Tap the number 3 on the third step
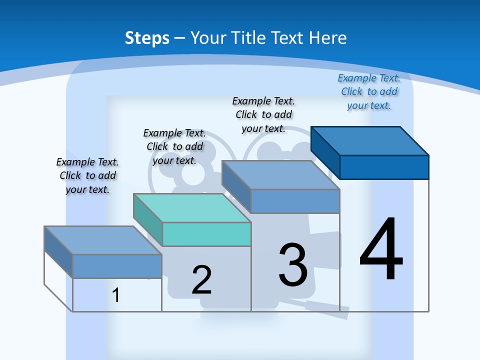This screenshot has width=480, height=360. (293, 264)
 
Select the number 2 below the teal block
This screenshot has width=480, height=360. (201, 280)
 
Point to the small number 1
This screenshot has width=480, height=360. (116, 295)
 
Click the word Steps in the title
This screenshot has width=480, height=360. (147, 38)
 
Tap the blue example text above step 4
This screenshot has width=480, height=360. (369, 92)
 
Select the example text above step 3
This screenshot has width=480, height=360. (263, 114)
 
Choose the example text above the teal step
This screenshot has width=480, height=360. (174, 146)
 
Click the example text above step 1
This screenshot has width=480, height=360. (87, 175)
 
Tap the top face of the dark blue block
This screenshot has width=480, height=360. (370, 140)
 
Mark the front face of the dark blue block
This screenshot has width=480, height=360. (384, 167)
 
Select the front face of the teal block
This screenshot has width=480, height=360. (206, 234)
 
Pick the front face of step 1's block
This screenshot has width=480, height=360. (117, 266)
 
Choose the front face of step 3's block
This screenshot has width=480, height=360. (295, 201)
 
